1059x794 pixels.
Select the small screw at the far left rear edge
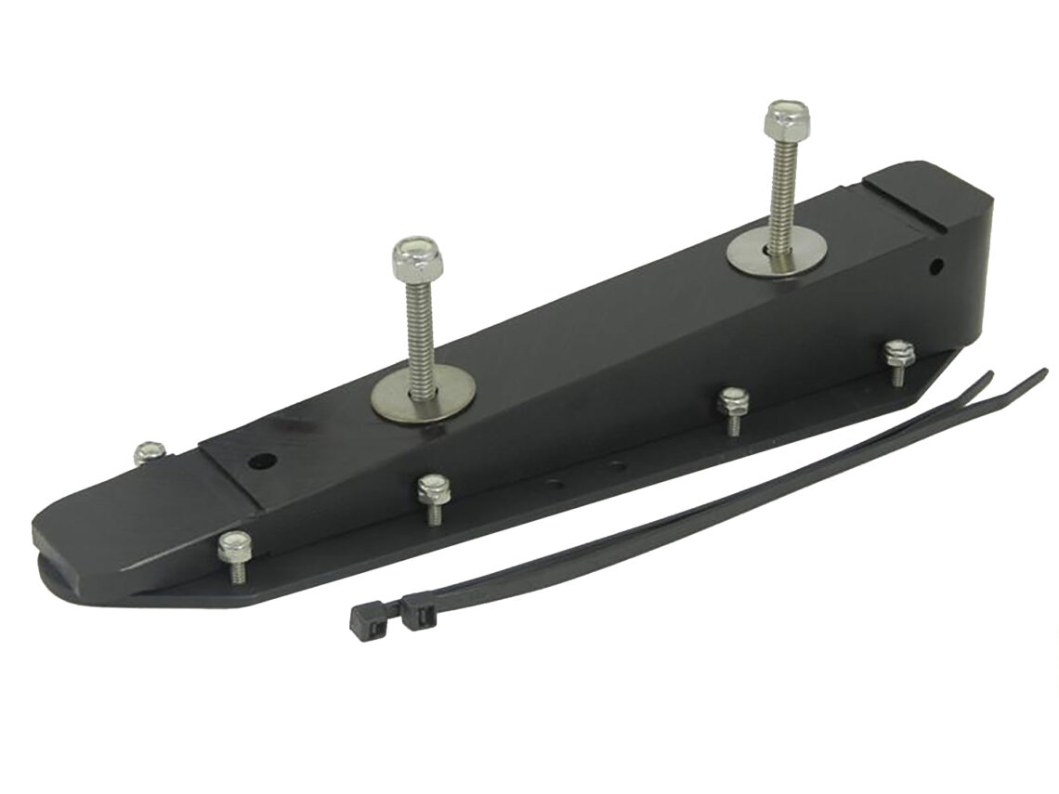coord(146,452)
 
